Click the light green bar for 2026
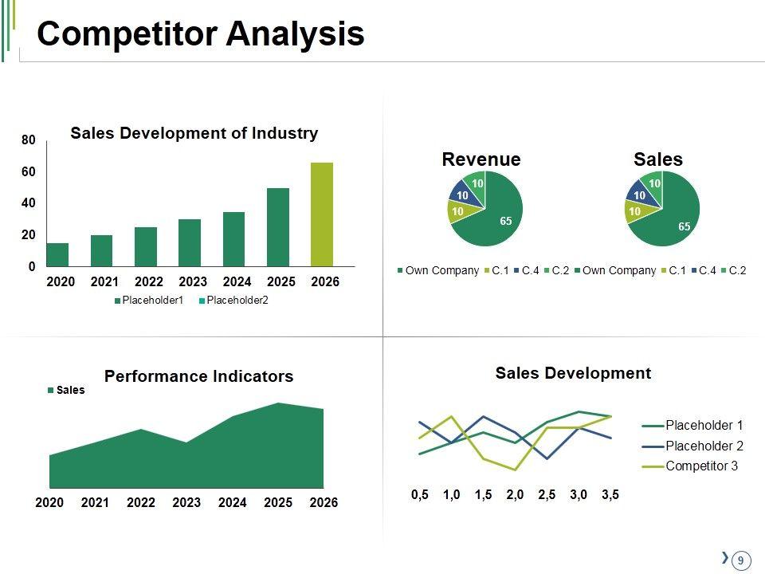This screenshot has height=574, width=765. pyautogui.click(x=322, y=214)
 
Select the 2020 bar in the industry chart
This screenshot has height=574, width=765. pyautogui.click(x=58, y=254)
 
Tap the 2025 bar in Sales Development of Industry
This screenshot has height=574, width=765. pyautogui.click(x=278, y=227)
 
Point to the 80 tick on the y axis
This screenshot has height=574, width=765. pyautogui.click(x=29, y=140)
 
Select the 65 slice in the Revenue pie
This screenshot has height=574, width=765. pyautogui.click(x=498, y=215)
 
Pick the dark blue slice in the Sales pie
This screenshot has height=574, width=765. pyautogui.click(x=639, y=194)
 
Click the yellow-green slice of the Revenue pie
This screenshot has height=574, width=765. pyautogui.click(x=458, y=211)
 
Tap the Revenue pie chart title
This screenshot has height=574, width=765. pyautogui.click(x=481, y=159)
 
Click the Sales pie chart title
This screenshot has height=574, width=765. pyautogui.click(x=658, y=159)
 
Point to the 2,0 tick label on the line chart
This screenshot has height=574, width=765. pyautogui.click(x=515, y=495)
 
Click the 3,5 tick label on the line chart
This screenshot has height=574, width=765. pyautogui.click(x=610, y=495)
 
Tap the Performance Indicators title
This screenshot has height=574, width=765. pyautogui.click(x=198, y=376)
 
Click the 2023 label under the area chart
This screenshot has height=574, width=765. pyautogui.click(x=186, y=503)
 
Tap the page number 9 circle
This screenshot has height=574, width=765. pyautogui.click(x=741, y=560)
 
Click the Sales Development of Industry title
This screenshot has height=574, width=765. pyautogui.click(x=194, y=133)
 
